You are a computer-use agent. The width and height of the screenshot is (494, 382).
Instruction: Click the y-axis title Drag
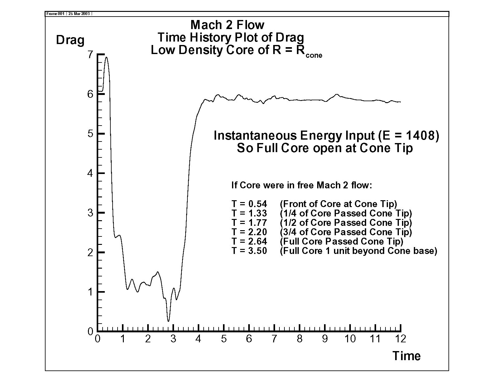70,40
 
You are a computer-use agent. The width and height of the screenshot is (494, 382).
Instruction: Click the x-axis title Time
406,356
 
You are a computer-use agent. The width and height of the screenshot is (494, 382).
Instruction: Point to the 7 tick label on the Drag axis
90,55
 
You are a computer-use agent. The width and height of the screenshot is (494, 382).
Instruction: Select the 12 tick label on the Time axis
400,339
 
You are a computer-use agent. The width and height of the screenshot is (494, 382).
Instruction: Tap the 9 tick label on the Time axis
325,339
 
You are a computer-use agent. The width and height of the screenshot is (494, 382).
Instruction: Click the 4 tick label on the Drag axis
90,173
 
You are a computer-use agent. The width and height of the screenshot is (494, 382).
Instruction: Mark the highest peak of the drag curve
106,57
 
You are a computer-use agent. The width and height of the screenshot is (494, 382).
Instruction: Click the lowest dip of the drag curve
168,321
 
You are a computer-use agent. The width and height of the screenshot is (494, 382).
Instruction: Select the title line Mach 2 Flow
227,25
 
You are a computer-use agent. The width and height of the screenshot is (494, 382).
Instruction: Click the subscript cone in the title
314,56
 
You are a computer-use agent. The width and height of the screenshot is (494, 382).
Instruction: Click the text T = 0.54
249,204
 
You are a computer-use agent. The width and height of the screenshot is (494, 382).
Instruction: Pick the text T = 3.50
249,251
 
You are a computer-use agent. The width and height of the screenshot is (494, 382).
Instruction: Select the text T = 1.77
249,223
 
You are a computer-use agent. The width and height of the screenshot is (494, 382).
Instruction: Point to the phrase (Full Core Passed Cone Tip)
341,241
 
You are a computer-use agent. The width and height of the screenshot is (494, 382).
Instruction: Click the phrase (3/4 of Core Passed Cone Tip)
346,232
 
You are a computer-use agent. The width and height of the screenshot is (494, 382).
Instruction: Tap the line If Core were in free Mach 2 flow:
302,185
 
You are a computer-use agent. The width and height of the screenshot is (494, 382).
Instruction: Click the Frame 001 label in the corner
55,14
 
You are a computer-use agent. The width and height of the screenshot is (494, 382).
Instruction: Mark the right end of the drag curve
400,102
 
